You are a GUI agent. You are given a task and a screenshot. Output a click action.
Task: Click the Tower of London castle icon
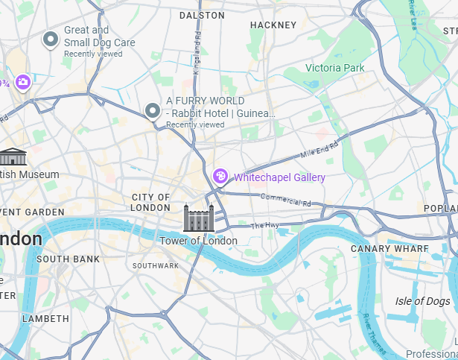[199, 218]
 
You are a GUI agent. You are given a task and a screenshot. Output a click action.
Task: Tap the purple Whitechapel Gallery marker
[220, 177]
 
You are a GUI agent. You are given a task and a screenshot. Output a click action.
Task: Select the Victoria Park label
[334, 68]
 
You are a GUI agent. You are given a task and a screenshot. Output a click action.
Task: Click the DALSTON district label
[202, 15]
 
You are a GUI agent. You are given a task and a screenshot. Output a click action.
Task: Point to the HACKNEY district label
[273, 25]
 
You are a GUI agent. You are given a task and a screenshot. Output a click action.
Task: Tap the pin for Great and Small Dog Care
[51, 40]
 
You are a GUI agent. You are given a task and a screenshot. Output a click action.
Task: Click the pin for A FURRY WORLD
[153, 112]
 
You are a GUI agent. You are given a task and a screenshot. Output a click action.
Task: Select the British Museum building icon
[13, 157]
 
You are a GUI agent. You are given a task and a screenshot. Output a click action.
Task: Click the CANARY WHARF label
[389, 248]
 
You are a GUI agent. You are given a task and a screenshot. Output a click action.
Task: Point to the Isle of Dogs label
[422, 301]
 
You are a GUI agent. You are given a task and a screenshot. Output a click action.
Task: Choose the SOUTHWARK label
[156, 265]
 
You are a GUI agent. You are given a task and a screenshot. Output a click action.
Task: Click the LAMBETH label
[45, 318]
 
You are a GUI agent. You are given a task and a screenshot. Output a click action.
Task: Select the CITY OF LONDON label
[150, 202]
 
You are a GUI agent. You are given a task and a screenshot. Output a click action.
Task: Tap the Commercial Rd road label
[285, 200]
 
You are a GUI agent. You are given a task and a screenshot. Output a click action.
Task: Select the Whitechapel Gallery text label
[279, 177]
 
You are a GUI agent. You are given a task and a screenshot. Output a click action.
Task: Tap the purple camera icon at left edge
[23, 82]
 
